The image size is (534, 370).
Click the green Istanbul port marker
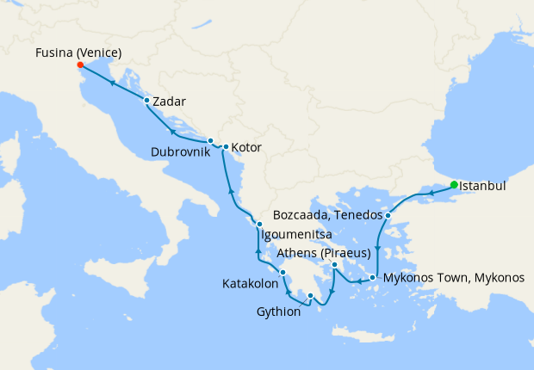tap(454, 184)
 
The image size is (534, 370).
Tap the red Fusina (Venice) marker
tap(79, 65)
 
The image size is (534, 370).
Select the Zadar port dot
tap(146, 101)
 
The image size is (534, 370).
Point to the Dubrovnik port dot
tap(210, 140)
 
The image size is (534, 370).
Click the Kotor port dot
tap(226, 147)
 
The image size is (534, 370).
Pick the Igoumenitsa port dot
tap(258, 224)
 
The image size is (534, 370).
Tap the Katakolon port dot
tap(283, 272)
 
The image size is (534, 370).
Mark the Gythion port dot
tap(311, 296)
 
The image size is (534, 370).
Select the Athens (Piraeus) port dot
tap(334, 264)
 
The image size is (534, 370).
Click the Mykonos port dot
tap(373, 277)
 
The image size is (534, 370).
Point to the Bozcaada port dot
tap(388, 215)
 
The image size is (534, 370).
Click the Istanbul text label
tap(482, 185)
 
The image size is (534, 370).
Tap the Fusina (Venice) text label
tap(78, 53)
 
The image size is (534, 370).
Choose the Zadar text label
tap(169, 102)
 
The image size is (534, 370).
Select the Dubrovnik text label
tap(179, 152)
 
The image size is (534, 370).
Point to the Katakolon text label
tap(250, 283)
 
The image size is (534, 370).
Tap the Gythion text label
tap(279, 311)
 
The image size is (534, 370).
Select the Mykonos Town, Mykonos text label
tap(454, 279)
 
